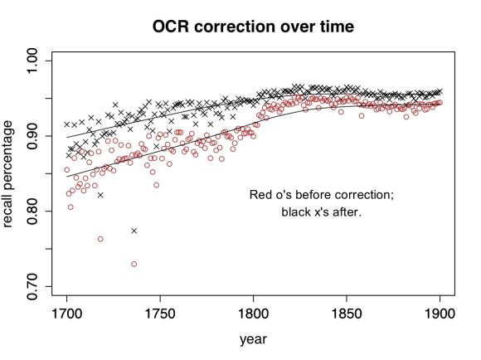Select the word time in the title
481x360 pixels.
333,27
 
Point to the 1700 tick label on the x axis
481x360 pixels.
66,316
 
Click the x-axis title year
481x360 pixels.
253,339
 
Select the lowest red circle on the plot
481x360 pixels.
134,264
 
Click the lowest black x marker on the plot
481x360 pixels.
134,231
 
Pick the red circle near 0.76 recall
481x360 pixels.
100,239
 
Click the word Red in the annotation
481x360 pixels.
261,195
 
